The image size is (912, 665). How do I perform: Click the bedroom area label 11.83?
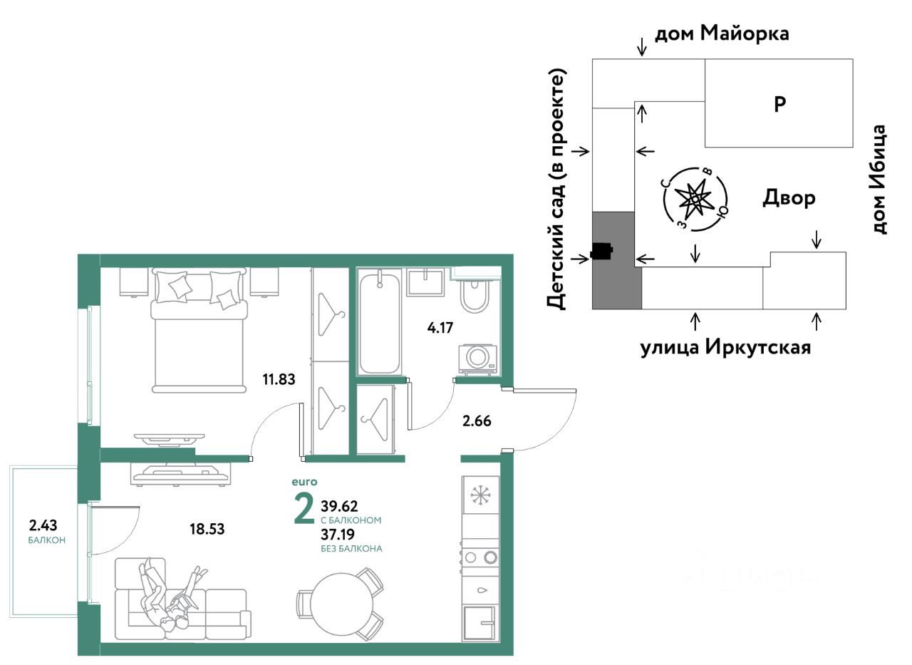(279, 379)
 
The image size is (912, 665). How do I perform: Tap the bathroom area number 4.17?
(440, 328)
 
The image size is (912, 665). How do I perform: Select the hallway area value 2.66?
(477, 421)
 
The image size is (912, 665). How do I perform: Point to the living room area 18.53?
(207, 529)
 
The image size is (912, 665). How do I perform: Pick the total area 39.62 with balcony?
(339, 506)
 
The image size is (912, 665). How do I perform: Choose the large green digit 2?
(304, 510)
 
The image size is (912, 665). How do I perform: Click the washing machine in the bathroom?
(478, 358)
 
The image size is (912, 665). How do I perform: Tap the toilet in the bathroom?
(475, 296)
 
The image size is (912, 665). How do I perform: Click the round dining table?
(341, 604)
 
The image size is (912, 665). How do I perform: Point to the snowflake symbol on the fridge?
(481, 495)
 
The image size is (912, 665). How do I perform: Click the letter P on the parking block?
(779, 104)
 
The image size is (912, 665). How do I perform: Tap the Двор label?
(789, 198)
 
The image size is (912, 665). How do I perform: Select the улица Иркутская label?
(725, 347)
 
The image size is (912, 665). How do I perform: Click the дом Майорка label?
(722, 33)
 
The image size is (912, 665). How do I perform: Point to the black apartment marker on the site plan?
(602, 252)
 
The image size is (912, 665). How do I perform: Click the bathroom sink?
(425, 281)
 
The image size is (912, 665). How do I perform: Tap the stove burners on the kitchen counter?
(481, 557)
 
